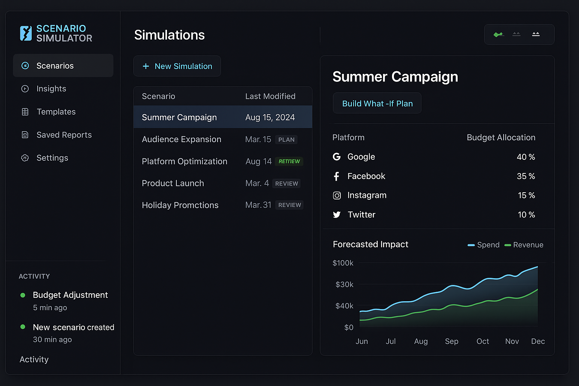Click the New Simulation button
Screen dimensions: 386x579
pos(177,66)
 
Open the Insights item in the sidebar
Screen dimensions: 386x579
pos(51,89)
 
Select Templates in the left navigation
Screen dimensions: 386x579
pos(56,112)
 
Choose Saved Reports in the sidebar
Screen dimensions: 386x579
pos(64,135)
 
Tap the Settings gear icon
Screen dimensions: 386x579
pos(25,158)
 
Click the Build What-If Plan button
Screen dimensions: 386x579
pos(377,103)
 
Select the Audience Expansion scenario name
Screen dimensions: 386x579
pos(181,139)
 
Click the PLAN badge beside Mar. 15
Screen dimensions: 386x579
pos(286,140)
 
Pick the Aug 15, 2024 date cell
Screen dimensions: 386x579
pos(270,118)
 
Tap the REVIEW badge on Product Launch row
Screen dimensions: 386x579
pos(286,184)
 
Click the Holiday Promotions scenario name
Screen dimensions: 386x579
pos(180,205)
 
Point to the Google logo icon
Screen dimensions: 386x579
pos(337,157)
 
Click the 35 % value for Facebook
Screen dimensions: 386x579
pos(526,176)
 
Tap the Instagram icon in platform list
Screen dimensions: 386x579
pos(337,195)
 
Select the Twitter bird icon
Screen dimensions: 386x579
pos(337,215)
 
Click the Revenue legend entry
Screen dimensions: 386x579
pos(524,245)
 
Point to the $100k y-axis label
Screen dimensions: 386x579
pos(343,263)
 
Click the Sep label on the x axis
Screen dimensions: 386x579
pos(452,342)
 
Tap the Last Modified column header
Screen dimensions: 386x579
pos(270,96)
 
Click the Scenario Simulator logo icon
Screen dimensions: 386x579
pos(26,33)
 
